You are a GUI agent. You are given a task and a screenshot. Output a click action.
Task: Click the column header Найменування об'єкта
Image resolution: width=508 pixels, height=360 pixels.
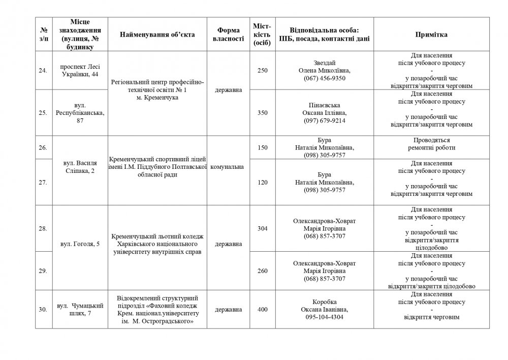pyautogui.click(x=157, y=35)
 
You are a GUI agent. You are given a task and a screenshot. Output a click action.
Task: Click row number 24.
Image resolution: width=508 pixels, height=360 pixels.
pyautogui.click(x=43, y=70)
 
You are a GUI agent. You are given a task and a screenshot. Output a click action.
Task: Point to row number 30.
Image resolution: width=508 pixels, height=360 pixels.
pyautogui.click(x=43, y=309)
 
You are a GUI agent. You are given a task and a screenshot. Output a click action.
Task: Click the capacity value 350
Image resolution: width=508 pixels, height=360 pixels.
pyautogui.click(x=262, y=113)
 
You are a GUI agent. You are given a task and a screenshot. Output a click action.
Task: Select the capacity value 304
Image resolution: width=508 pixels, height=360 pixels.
pyautogui.click(x=262, y=229)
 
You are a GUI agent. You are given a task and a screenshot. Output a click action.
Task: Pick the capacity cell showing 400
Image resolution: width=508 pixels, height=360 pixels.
pyautogui.click(x=262, y=309)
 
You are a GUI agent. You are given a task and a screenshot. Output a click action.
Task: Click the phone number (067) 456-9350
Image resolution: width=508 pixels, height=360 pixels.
pyautogui.click(x=325, y=78)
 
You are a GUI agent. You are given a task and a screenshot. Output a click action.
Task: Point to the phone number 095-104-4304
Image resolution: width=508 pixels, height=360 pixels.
pyautogui.click(x=325, y=317)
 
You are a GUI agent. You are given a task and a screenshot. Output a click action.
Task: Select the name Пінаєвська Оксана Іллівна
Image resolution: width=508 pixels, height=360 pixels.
pyautogui.click(x=325, y=109)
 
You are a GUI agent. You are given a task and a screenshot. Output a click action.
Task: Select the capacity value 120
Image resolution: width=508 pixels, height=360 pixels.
pyautogui.click(x=262, y=183)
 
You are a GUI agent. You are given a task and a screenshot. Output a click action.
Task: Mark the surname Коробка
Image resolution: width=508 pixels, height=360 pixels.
pyautogui.click(x=325, y=302)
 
